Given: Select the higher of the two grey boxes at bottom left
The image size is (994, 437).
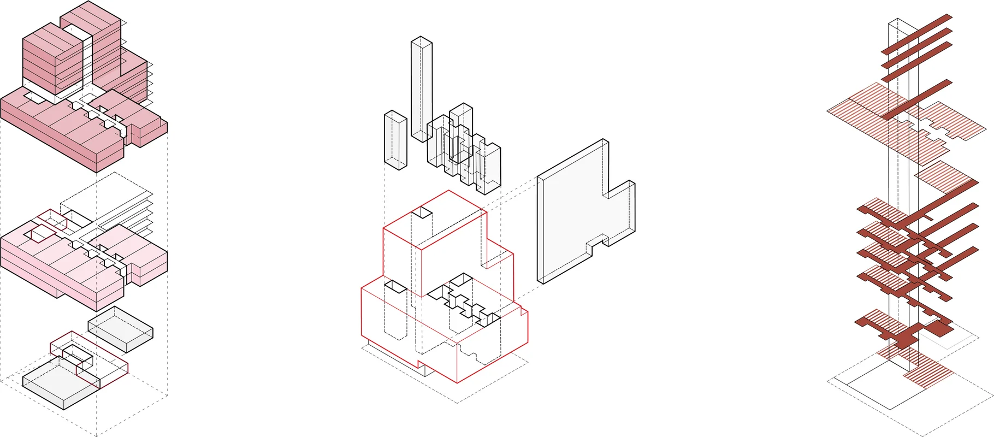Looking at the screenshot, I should pos(120,328).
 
